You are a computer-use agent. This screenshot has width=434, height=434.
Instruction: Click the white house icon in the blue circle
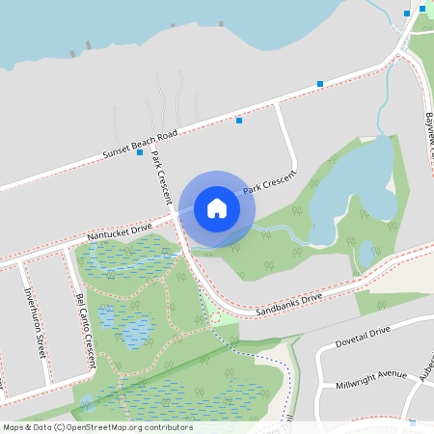click(x=217, y=207)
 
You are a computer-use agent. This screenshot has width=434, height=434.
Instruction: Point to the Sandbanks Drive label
click(x=288, y=306)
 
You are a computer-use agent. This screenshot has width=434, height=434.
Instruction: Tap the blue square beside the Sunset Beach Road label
click(x=140, y=152)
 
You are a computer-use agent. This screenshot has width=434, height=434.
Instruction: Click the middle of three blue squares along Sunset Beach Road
click(x=239, y=120)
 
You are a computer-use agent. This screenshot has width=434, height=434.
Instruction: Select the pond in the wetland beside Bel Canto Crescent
click(x=133, y=326)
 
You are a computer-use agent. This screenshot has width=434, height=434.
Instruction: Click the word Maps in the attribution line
click(x=14, y=427)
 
